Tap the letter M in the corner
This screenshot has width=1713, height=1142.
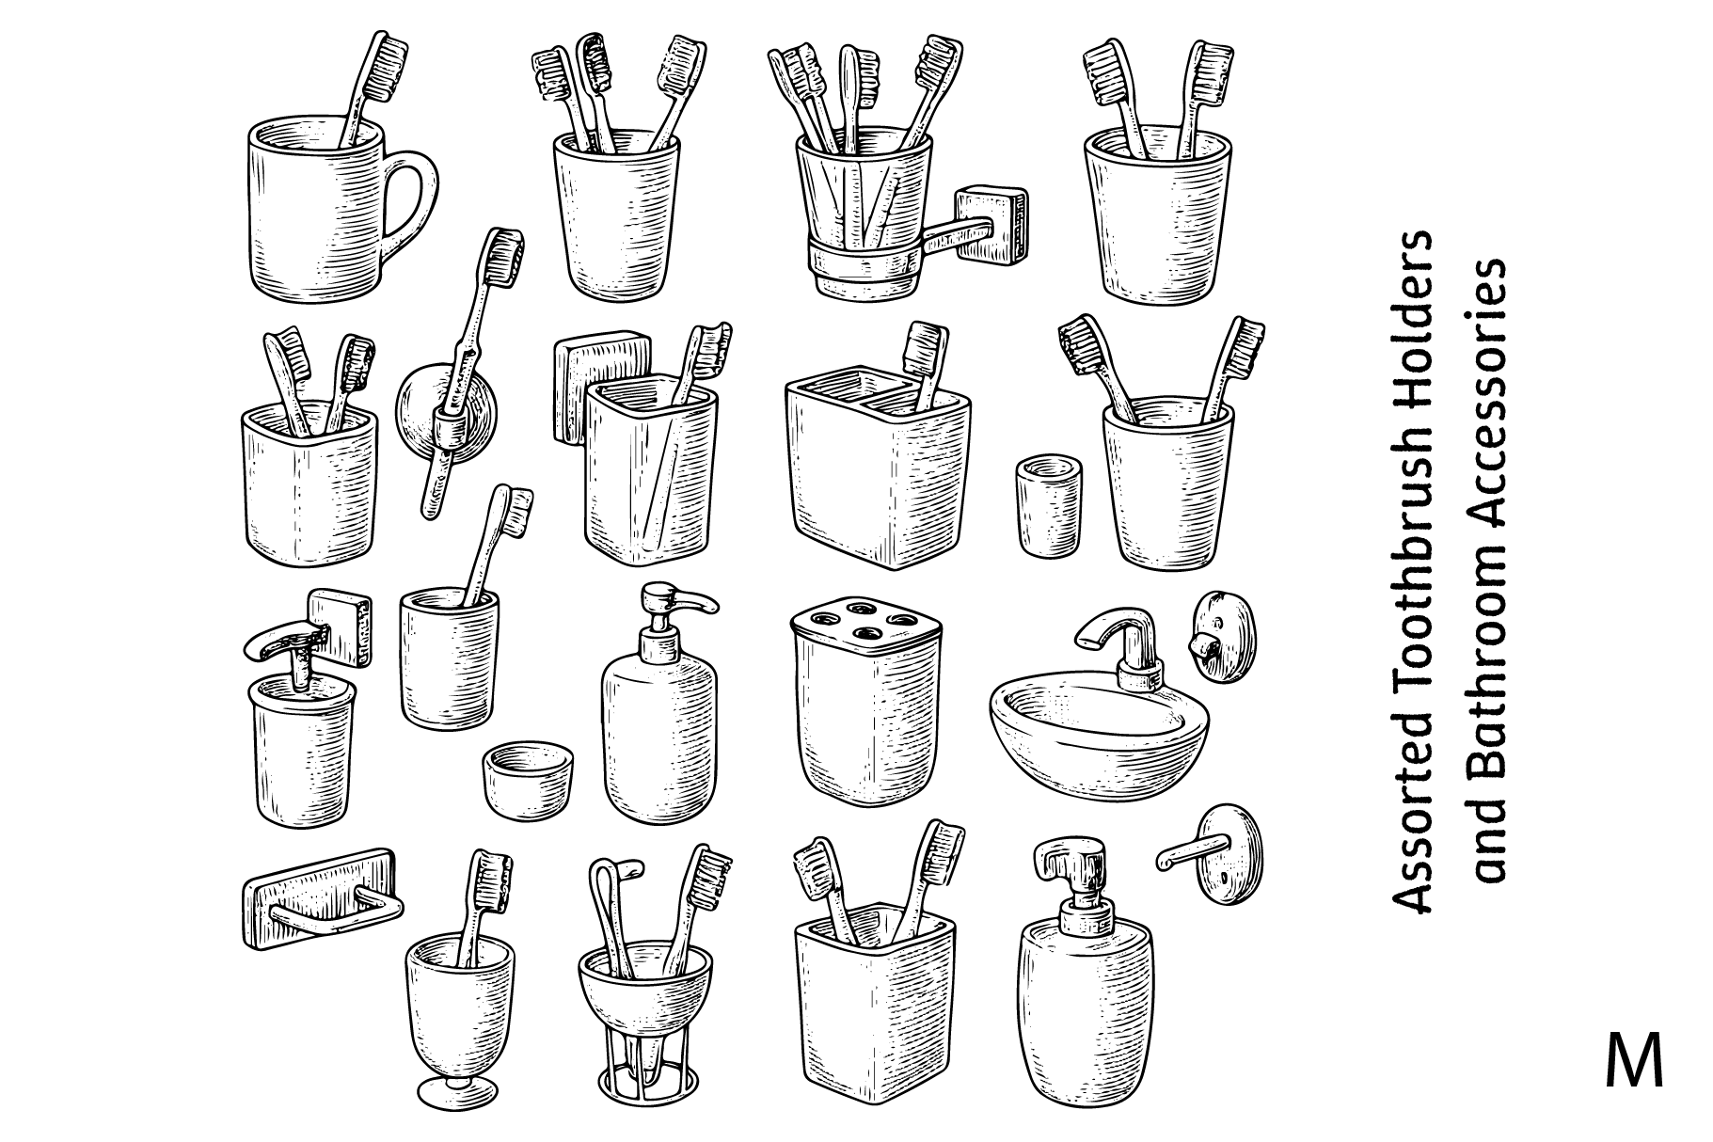pos(1635,1062)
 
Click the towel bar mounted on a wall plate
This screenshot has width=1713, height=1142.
pos(321,897)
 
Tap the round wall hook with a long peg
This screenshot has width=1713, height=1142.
pos(1214,854)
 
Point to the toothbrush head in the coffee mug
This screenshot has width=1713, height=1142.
pos(387,65)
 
